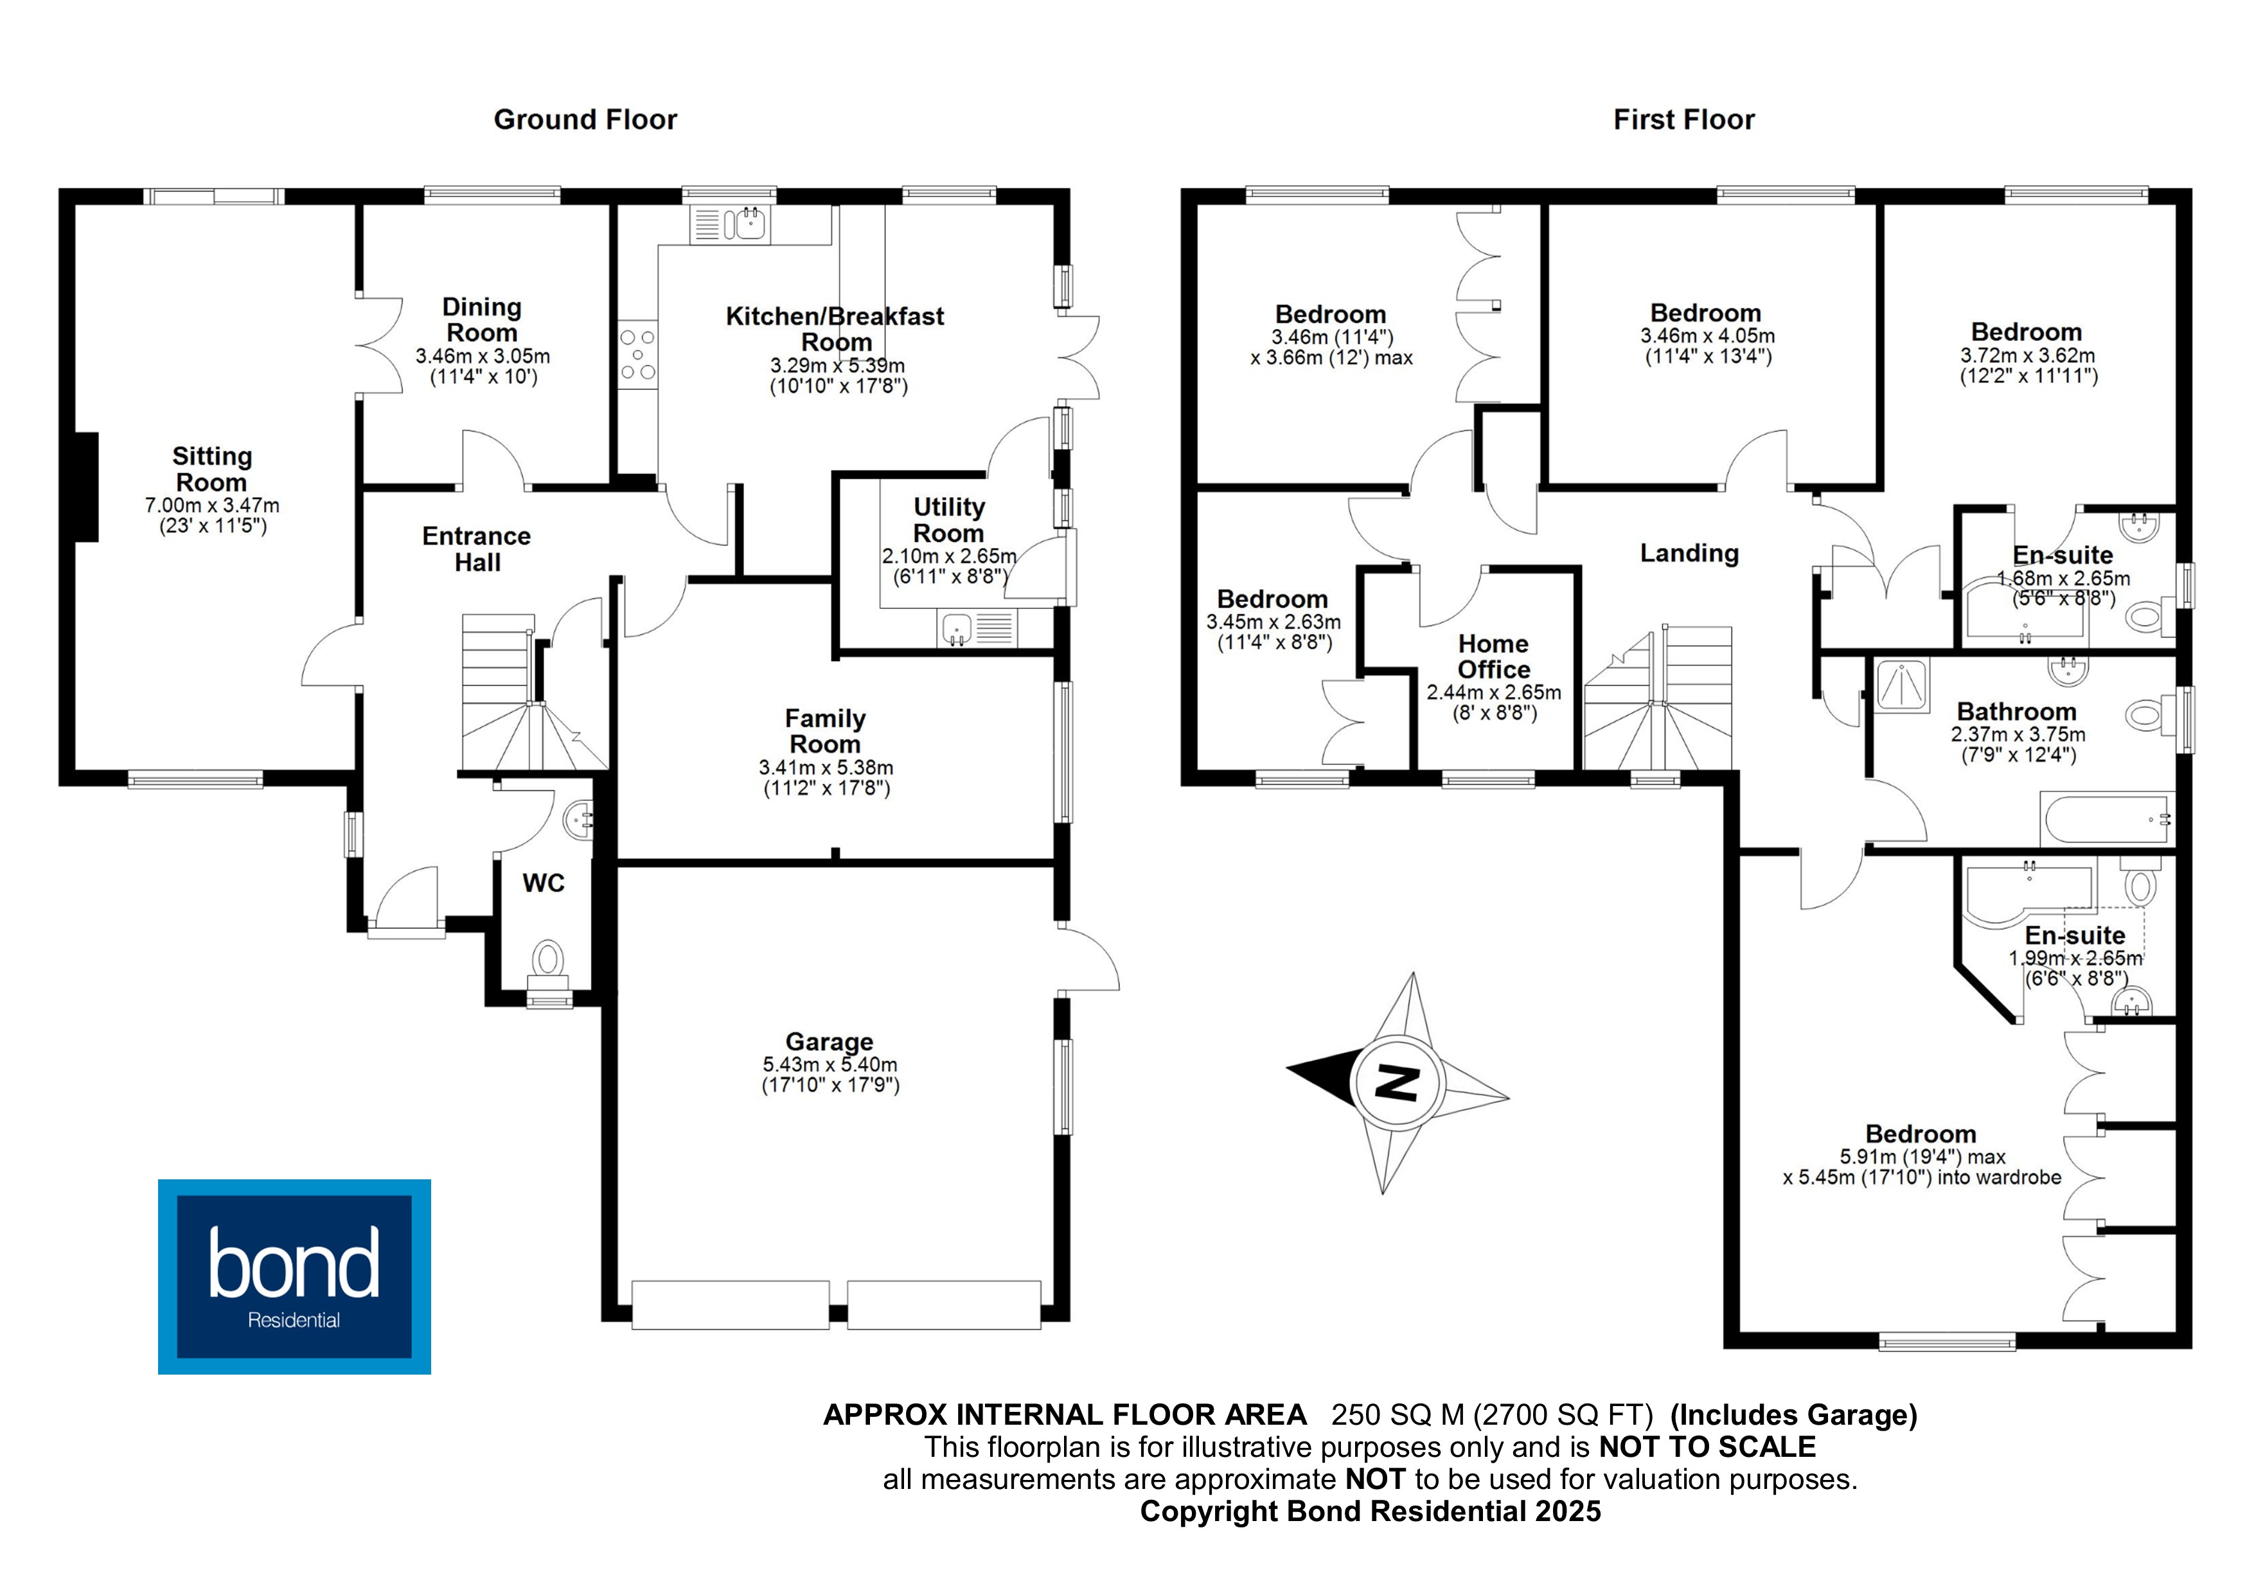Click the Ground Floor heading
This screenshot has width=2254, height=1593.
(585, 119)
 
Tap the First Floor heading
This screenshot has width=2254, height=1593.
(1683, 119)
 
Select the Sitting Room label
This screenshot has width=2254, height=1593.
(212, 469)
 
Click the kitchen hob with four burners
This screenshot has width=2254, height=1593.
(637, 355)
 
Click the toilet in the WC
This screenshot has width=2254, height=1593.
(549, 962)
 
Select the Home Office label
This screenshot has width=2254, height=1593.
(1493, 656)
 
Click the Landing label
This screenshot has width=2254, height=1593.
(1689, 554)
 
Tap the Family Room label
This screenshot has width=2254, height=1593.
(824, 731)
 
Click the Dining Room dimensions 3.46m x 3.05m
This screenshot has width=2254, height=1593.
(482, 356)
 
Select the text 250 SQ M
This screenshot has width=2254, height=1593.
(1397, 1414)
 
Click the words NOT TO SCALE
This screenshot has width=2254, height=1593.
(1707, 1447)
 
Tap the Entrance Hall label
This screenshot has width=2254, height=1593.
(477, 549)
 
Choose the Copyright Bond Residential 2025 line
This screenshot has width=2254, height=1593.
(1371, 1511)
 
